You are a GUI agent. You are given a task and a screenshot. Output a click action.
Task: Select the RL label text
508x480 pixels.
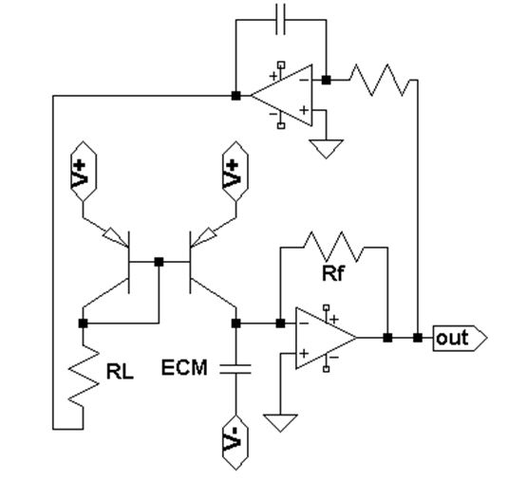pos(120,371)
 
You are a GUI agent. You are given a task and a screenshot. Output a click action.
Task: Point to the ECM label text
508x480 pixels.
pos(184,367)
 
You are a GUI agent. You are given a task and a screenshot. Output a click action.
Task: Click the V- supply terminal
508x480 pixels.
pos(235,442)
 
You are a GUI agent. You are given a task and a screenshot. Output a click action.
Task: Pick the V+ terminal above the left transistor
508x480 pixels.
pos(84,171)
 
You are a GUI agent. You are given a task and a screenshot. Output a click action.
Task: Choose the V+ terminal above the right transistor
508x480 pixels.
pos(235,171)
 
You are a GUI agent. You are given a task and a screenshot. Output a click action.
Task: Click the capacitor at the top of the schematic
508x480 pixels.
pos(280,19)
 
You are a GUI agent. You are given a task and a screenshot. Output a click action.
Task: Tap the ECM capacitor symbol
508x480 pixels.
pos(235,369)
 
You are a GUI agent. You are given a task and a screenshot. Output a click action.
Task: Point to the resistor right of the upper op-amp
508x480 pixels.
pos(380,80)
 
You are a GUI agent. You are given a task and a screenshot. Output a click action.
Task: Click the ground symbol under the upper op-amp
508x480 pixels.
pos(326,149)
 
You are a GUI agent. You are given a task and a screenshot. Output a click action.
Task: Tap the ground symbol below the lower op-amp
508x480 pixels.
pos(280,423)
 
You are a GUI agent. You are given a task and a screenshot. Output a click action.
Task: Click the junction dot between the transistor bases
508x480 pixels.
pos(159,262)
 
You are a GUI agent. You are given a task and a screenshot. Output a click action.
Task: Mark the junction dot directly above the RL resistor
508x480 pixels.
pos(84,323)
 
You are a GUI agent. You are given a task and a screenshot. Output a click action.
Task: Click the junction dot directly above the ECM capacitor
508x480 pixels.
pos(235,323)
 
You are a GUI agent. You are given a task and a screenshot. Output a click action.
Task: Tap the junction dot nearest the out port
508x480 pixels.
pos(418,338)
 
